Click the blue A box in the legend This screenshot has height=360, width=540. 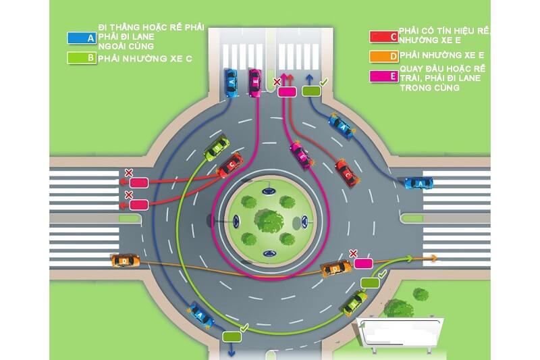pos(81,38)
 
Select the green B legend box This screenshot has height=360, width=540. pos(81,58)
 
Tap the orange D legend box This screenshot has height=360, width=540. pos(383,55)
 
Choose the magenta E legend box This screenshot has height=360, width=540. pos(383,76)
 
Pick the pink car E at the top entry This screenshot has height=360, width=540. pos(254,83)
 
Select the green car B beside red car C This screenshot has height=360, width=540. pos(217,149)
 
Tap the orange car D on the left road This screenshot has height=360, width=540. pos(125,259)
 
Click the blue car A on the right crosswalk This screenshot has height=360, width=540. pos(418,182)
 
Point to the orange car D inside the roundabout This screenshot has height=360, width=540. pos(335,269)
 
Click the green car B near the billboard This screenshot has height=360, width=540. pos(354,303)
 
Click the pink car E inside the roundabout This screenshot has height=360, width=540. pos(301,155)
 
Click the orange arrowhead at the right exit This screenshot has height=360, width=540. pos(433,257)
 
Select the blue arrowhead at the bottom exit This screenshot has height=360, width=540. pos(232,352)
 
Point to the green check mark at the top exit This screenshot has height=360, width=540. pos(323,82)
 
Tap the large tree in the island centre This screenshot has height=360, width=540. pos(269,220)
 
